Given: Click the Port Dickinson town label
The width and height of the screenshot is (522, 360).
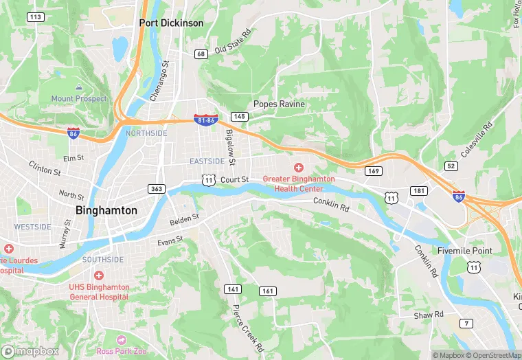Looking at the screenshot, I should [x=171, y=23].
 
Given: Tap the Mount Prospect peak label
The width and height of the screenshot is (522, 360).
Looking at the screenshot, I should [x=79, y=98].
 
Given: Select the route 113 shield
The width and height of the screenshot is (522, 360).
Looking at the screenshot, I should [x=36, y=16].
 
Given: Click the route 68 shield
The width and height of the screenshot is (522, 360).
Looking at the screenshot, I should [x=201, y=54].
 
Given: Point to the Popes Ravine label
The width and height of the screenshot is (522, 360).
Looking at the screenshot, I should [x=279, y=104].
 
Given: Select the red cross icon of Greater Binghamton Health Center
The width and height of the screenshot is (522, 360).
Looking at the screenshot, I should [x=299, y=168].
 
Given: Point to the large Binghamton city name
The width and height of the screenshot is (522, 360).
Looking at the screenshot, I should [x=106, y=210].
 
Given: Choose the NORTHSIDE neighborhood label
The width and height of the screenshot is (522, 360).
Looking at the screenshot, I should [x=146, y=133].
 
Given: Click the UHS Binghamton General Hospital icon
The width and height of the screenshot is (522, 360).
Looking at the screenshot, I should [x=99, y=275].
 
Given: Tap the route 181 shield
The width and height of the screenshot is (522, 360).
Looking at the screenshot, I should [x=420, y=190].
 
